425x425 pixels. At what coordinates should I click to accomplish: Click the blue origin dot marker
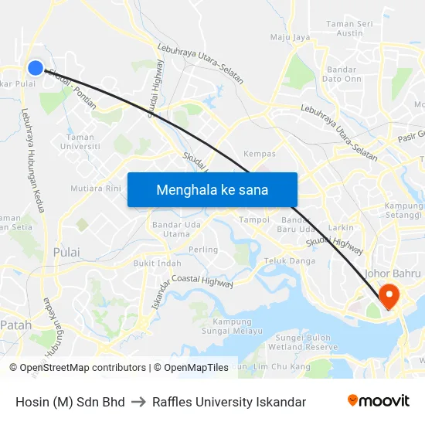(35, 68)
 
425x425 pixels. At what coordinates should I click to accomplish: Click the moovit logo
(378, 401)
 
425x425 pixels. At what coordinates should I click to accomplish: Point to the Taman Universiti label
(80, 141)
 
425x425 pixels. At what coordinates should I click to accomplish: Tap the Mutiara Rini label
(96, 188)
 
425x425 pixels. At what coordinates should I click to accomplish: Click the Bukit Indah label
(157, 263)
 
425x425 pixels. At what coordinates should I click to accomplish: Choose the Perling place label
(203, 250)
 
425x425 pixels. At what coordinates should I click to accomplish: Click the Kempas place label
(260, 154)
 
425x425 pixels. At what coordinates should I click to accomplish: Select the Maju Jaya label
(290, 36)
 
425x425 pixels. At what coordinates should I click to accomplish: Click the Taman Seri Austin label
(350, 29)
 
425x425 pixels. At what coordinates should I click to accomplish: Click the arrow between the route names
(138, 402)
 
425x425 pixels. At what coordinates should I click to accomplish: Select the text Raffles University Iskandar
(229, 402)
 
